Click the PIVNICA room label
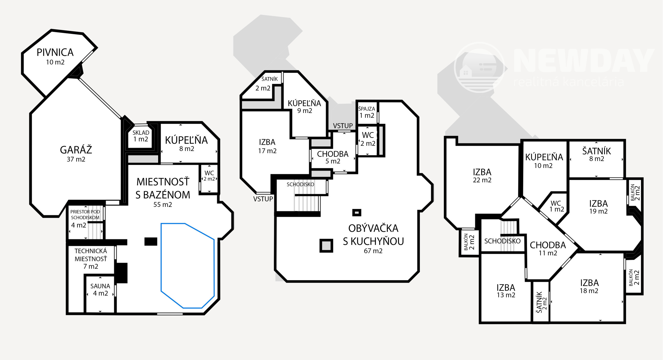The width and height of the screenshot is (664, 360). [x=55, y=52]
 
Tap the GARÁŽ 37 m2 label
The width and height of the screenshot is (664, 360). [x=76, y=154]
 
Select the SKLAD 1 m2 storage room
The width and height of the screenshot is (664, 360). [x=141, y=136]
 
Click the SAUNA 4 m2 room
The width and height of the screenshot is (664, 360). [x=100, y=290]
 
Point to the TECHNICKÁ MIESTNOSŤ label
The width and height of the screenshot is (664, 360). [x=91, y=255]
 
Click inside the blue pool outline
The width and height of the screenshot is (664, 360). [x=187, y=266]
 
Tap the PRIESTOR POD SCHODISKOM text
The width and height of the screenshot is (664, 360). [x=85, y=214]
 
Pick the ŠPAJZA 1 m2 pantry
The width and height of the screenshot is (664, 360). [x=367, y=112]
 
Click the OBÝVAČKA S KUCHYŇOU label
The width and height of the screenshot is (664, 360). [x=373, y=235]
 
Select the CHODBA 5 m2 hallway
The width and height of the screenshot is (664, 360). [x=333, y=157]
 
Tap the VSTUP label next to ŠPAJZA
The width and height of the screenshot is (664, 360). [x=343, y=126]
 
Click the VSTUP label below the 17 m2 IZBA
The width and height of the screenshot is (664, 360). [x=263, y=199]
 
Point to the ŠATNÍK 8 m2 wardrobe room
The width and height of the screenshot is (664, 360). [x=597, y=154]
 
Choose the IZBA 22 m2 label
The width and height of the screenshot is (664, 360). [x=482, y=176]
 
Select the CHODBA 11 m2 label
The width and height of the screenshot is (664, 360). [x=548, y=248]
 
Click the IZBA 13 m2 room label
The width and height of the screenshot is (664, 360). [x=506, y=291]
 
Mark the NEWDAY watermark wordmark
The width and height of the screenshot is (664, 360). [x=584, y=61]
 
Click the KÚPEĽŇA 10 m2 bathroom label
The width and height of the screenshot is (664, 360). [x=544, y=161]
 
